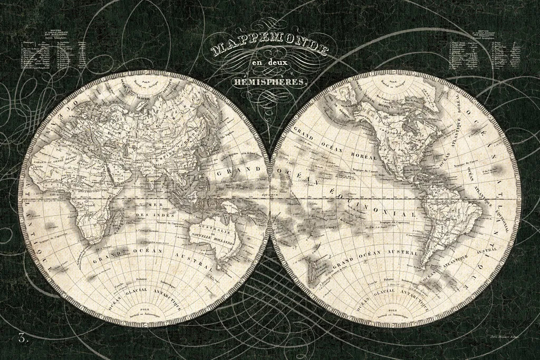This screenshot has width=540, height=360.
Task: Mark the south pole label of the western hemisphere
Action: [x=395, y=310]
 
